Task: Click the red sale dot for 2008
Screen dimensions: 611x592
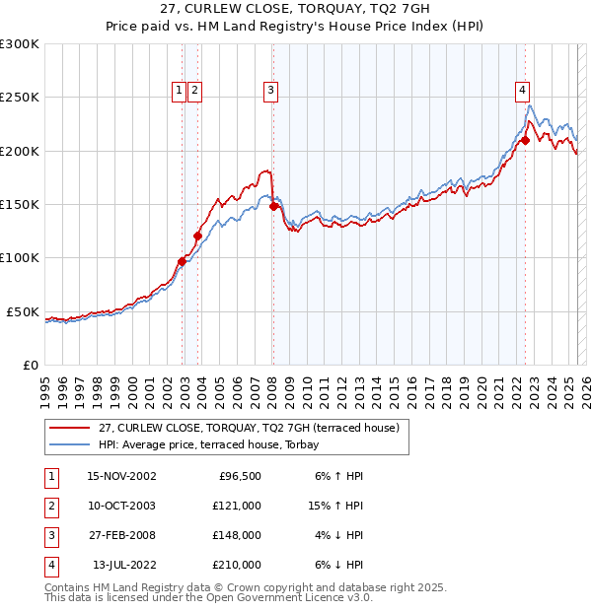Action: point(273,207)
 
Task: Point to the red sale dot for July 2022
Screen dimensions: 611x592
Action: point(525,140)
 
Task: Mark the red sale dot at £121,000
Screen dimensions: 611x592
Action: point(197,236)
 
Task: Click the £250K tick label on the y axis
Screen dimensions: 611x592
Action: point(20,98)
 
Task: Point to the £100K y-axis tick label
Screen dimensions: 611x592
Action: point(20,258)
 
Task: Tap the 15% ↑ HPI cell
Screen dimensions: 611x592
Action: point(334,507)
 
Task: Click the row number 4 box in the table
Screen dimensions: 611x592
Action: point(50,566)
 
